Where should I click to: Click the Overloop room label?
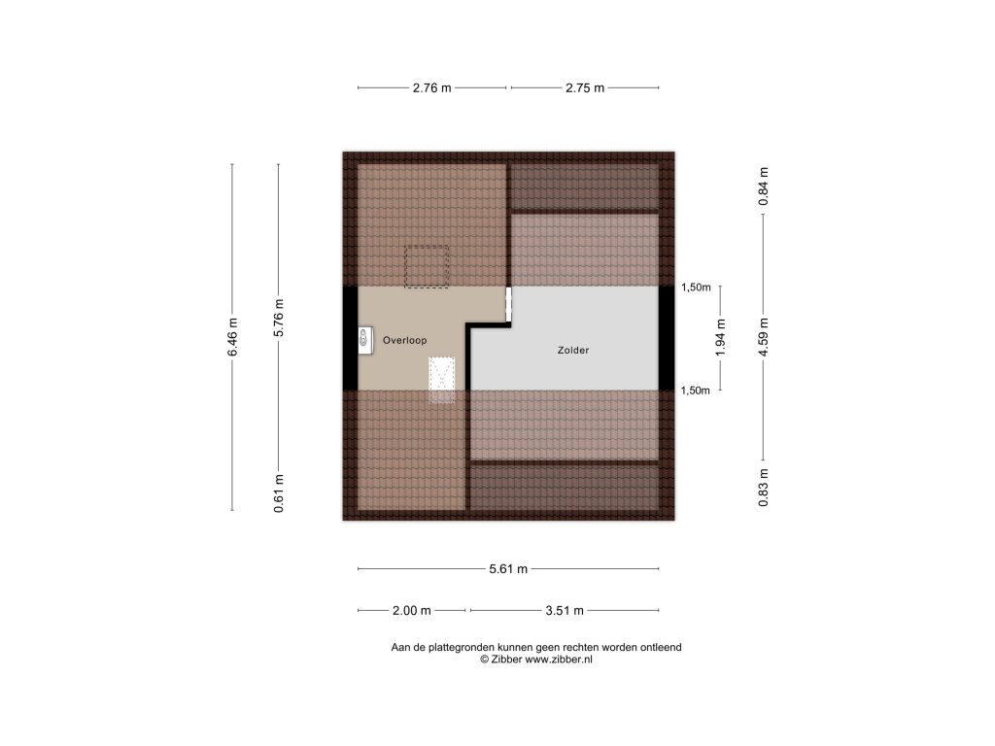tap(405, 341)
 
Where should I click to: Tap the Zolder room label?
tap(573, 350)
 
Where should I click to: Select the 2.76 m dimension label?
tap(432, 88)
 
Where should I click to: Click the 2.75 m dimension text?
tap(585, 88)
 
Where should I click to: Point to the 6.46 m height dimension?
tap(232, 337)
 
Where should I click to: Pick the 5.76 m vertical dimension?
tap(279, 318)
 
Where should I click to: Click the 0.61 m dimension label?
tap(279, 493)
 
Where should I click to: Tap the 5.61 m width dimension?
tap(508, 569)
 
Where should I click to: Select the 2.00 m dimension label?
tap(412, 611)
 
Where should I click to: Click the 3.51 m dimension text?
tap(565, 611)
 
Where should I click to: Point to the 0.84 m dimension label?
tap(764, 186)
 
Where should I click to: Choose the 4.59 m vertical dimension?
tap(764, 337)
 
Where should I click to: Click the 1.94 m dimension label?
tap(720, 337)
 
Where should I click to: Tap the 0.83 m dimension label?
tap(764, 488)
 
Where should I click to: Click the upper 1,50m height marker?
tap(696, 288)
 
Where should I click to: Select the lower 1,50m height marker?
tap(696, 390)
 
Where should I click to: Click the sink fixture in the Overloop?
tap(365, 341)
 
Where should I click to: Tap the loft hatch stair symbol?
tap(442, 380)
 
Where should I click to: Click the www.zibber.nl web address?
tap(559, 660)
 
